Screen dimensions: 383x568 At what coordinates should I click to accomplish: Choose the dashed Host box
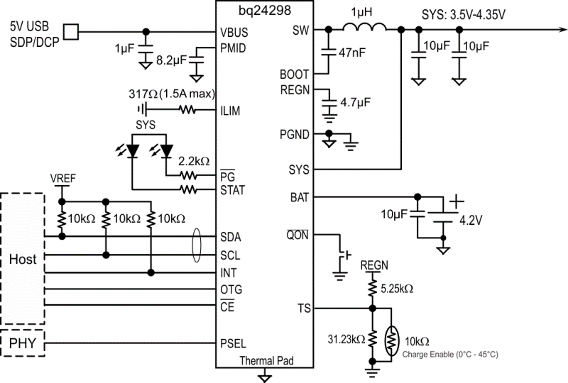(22, 258)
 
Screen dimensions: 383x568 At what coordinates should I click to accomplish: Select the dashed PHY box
(22, 345)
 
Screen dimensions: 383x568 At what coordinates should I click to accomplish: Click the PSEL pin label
(234, 345)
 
